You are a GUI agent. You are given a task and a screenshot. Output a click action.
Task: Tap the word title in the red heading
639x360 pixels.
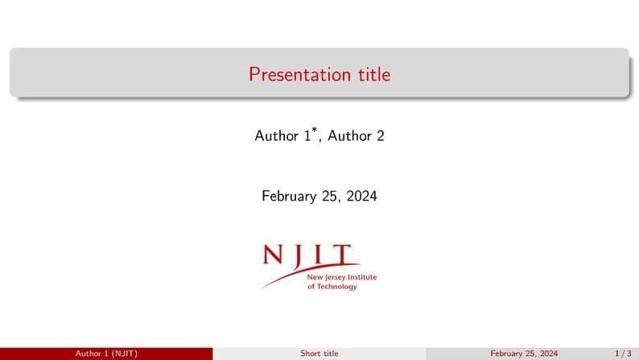click(x=374, y=75)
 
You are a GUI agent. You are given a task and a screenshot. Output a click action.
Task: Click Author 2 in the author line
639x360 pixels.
click(x=356, y=136)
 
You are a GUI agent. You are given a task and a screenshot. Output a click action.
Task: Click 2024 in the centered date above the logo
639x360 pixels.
click(x=361, y=196)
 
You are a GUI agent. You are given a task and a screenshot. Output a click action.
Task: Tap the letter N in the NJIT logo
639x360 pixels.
click(x=274, y=255)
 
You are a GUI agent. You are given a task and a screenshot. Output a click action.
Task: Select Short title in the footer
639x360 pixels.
click(x=319, y=354)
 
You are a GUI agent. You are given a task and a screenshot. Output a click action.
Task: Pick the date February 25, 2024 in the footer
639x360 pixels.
click(x=524, y=354)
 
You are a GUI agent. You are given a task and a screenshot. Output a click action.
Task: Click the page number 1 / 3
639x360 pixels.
click(x=623, y=354)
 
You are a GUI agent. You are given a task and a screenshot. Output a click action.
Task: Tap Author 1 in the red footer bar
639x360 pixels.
click(x=92, y=354)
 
